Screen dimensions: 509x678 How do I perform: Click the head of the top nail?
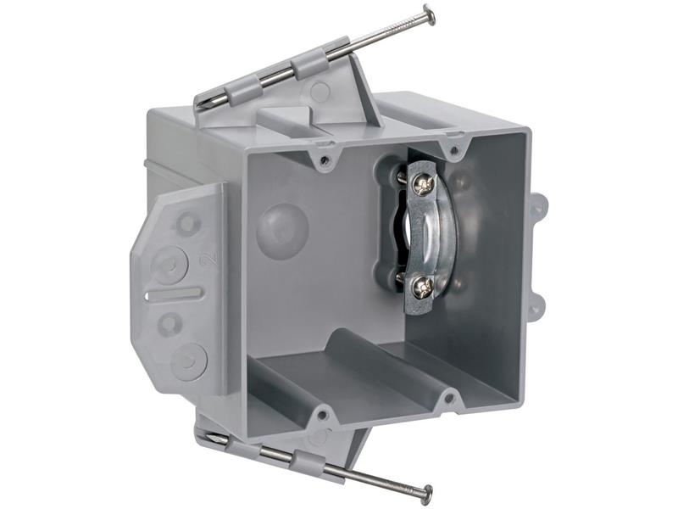(x=428, y=14)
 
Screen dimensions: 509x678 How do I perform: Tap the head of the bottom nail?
(x=425, y=493)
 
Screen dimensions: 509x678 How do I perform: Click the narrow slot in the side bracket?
(x=173, y=294)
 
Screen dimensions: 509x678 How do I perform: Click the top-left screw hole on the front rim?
(x=325, y=158)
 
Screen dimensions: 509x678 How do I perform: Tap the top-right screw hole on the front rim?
(x=456, y=150)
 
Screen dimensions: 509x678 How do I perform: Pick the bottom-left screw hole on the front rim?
(x=323, y=416)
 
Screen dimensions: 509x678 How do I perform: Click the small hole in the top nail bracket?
(x=320, y=91)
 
